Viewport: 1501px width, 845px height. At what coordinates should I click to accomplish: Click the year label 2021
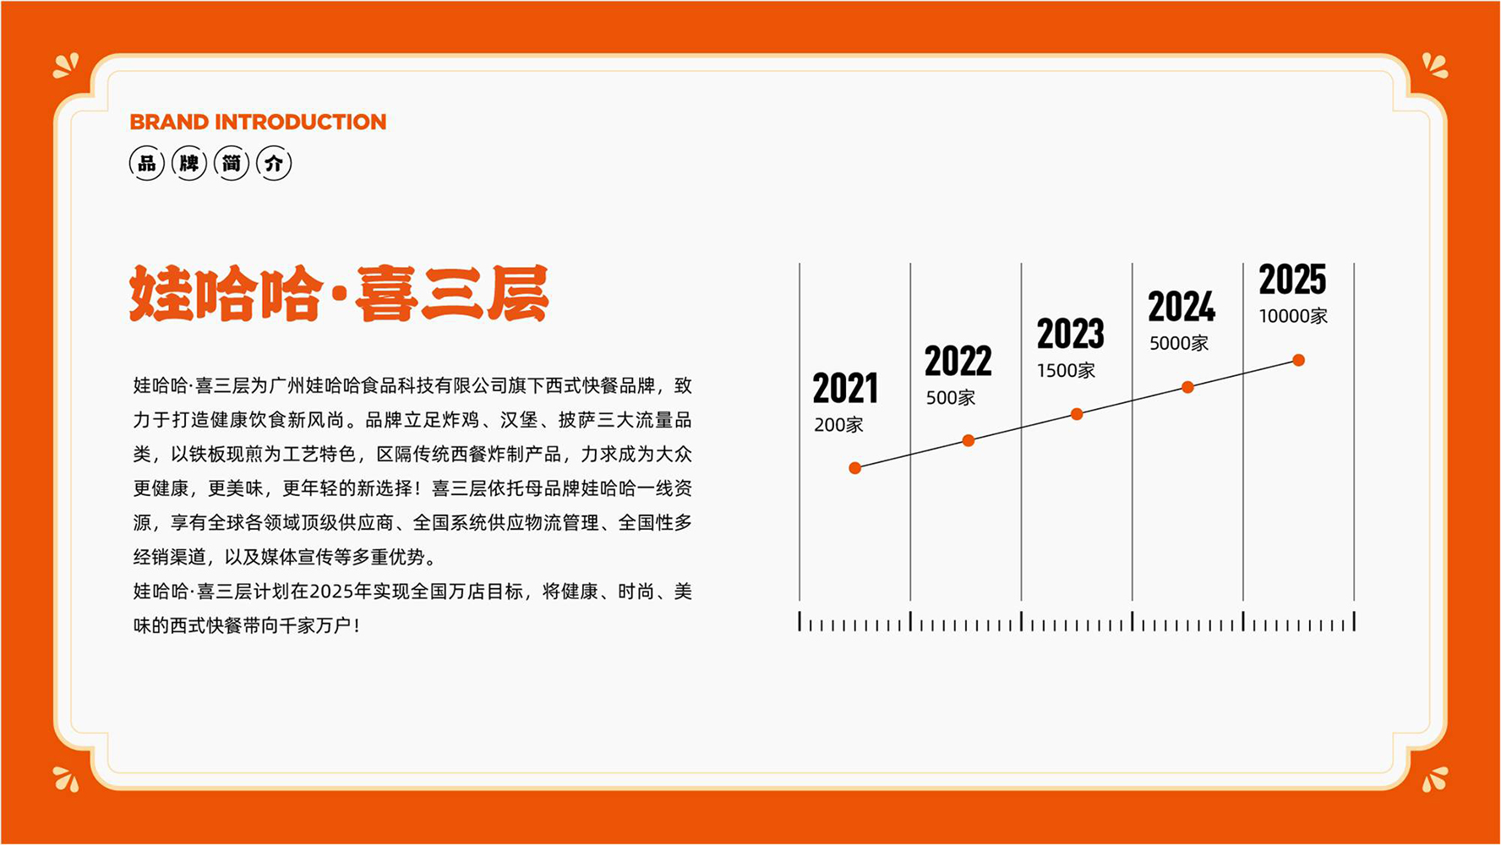pos(845,389)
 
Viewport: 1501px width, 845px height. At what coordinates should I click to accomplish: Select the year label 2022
pos(958,362)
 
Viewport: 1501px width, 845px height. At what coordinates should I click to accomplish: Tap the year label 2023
pos(1070,334)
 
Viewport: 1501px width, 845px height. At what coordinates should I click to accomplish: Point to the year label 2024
pos(1182,307)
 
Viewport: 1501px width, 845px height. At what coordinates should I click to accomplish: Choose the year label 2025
pos(1292,280)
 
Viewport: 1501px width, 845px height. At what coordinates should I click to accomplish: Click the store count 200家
pos(838,425)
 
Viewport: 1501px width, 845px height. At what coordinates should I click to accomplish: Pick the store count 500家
pos(950,398)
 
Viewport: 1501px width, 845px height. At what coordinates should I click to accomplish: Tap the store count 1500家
pos(1066,371)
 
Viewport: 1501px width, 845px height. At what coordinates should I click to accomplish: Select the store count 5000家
pos(1178,343)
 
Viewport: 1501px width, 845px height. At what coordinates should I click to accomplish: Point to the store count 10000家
pos(1293,316)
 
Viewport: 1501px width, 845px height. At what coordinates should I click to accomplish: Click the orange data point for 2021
pos(855,468)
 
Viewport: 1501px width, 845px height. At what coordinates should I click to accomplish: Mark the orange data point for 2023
pos(1077,414)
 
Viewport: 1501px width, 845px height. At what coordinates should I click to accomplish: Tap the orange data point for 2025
pos(1299,361)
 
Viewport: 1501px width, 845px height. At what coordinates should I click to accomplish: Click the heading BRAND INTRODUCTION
pos(258,122)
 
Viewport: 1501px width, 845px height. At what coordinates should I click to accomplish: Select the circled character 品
pos(147,163)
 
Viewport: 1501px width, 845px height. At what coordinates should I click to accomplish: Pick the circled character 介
pos(274,163)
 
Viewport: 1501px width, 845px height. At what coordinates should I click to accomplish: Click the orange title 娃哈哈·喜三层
pos(339,294)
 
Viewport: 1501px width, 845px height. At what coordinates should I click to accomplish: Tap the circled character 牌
pos(189,163)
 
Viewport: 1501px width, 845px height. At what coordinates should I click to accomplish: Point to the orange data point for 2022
pos(969,440)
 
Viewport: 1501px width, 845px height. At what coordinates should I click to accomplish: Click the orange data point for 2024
pos(1187,387)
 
